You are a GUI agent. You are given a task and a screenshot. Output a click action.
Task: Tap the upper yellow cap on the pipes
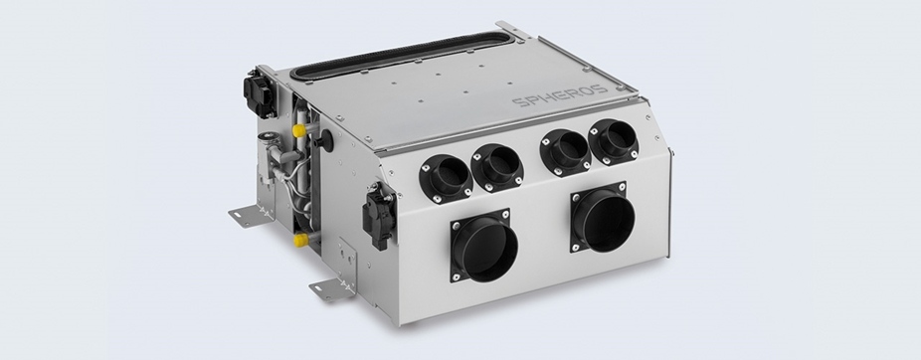click(300, 130)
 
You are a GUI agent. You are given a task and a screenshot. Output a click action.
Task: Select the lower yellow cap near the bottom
click(301, 240)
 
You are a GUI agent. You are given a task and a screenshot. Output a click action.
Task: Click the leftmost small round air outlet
click(447, 179)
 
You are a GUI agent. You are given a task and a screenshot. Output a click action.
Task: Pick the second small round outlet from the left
click(497, 167)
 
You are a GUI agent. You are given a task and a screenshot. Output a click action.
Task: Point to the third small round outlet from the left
click(566, 152)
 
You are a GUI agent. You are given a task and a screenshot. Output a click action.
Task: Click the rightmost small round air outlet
click(614, 141)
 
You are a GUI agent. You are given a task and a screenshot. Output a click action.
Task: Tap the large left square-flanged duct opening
click(484, 246)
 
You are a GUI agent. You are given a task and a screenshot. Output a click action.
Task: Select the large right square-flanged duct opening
click(602, 217)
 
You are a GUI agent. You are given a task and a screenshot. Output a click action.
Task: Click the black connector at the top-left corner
click(260, 93)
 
